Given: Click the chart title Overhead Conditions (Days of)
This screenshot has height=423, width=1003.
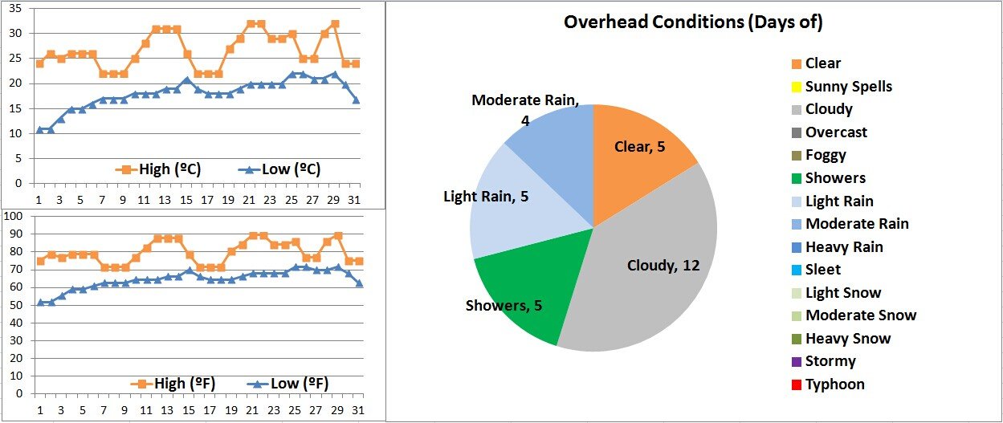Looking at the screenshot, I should coord(693,22).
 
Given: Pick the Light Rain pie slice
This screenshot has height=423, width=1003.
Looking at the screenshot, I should coord(506,209).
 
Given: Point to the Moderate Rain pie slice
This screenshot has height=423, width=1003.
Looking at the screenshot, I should coord(554,136).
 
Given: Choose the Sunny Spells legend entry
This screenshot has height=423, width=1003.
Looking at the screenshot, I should coord(848,87).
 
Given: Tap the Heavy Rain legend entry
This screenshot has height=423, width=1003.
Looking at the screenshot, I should coord(843,247).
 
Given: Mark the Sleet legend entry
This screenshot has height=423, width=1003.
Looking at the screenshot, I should coord(822,270).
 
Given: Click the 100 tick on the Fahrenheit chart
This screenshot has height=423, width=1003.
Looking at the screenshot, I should coord(14,217).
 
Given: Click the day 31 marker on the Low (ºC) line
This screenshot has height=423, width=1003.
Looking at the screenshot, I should coord(356,100).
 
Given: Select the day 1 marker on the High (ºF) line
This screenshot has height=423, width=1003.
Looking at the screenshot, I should coord(40,261).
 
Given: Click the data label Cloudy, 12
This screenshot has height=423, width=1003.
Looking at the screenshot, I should coord(663,266).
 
